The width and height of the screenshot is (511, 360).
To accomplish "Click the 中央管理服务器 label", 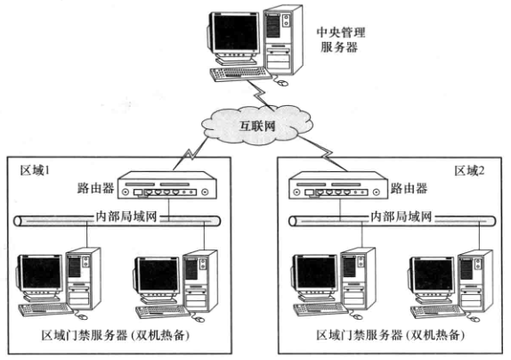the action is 341,40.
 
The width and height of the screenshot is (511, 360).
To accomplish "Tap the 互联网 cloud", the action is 257,126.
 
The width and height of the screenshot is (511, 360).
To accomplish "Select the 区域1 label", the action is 35,170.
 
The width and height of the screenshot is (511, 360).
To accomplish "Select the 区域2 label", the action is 470,170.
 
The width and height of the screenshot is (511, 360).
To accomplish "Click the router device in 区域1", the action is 167,185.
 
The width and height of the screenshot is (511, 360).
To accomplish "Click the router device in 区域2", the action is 338,185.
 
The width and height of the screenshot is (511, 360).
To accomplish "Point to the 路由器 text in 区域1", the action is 95,188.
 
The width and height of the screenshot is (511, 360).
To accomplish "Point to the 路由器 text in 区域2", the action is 409,188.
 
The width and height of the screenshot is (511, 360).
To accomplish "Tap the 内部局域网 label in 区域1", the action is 126,217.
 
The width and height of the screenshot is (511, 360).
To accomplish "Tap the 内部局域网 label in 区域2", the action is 401,217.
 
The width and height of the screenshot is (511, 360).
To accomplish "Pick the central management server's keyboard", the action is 240,74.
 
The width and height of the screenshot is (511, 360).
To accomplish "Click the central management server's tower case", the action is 283,40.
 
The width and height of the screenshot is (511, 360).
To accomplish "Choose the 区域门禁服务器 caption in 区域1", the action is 84,335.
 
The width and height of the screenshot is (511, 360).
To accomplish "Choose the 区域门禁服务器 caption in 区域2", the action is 359,335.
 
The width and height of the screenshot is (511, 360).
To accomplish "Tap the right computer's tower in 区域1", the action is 200,281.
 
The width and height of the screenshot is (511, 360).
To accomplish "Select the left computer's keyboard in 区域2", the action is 320,309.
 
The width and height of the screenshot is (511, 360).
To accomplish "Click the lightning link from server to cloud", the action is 260,94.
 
